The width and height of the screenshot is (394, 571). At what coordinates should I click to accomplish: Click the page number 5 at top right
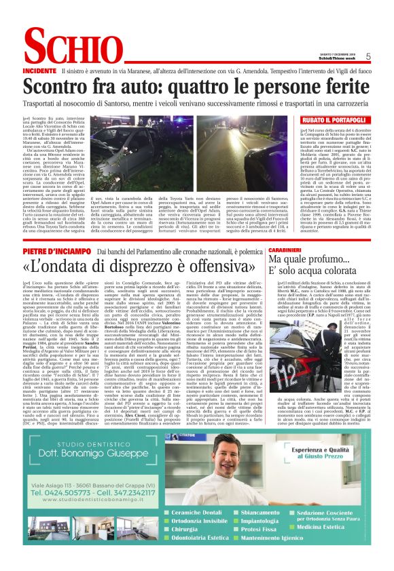[368, 56]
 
